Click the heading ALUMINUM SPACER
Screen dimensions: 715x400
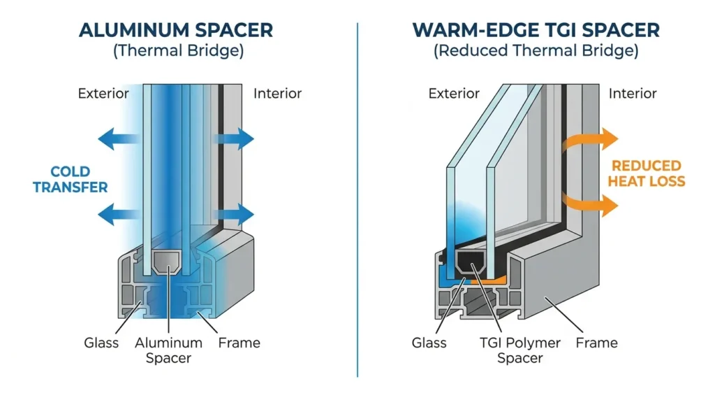click(176, 30)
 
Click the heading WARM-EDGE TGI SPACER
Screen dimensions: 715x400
click(536, 30)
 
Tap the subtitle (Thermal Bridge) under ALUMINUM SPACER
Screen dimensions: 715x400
click(178, 50)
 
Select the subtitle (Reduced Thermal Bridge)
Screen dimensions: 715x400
click(536, 50)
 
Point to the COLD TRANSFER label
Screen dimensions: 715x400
click(71, 180)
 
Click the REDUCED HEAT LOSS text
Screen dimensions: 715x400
click(646, 173)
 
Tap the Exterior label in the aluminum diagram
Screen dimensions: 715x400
click(103, 94)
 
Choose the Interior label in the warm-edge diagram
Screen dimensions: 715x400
click(633, 94)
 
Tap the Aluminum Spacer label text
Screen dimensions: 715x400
click(168, 350)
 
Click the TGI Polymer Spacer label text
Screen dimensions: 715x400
click(519, 350)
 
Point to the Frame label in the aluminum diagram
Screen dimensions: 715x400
click(239, 343)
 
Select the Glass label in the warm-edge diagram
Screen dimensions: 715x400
click(429, 343)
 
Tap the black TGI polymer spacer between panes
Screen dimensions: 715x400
click(471, 262)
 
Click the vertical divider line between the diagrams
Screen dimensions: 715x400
click(357, 200)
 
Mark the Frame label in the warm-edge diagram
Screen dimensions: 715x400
click(596, 343)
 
